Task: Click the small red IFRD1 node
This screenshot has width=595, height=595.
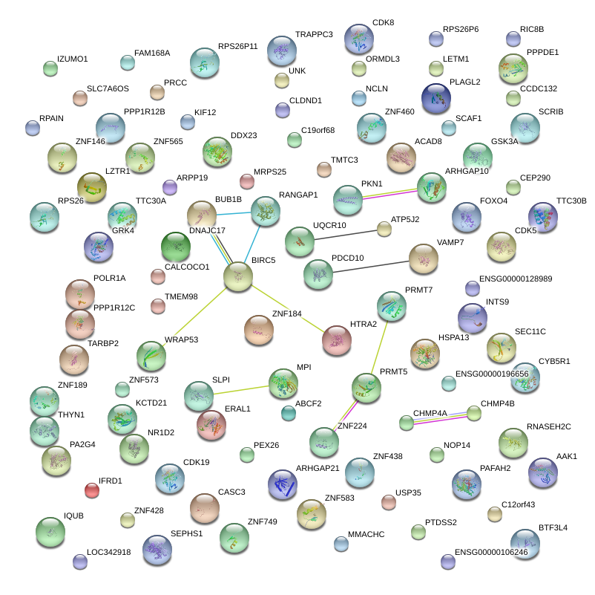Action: tap(92, 490)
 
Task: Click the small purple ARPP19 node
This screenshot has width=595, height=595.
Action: tap(170, 187)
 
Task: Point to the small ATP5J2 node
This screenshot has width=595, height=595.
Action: tap(384, 230)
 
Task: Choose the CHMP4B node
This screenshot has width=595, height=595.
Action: tap(474, 414)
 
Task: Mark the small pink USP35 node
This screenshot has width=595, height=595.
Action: tap(389, 502)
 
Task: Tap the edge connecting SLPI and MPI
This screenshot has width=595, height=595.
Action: tap(240, 388)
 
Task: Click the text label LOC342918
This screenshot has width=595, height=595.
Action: tap(108, 553)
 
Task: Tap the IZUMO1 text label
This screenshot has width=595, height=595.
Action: tap(72, 59)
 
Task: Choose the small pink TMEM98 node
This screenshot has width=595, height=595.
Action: tap(157, 306)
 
